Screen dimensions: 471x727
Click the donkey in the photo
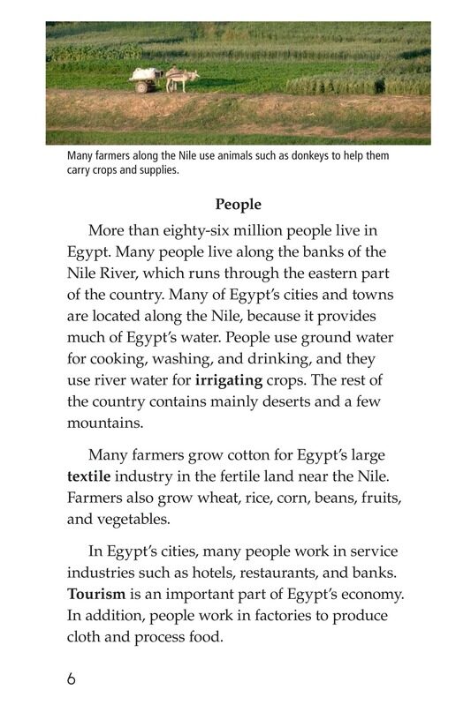(x=181, y=80)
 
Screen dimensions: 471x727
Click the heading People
(x=239, y=205)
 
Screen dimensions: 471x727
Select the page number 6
(x=71, y=679)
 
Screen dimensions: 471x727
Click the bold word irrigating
(x=229, y=380)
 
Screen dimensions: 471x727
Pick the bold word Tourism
(x=96, y=594)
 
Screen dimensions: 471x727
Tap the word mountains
(x=104, y=423)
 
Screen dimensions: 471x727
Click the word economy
(x=364, y=594)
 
